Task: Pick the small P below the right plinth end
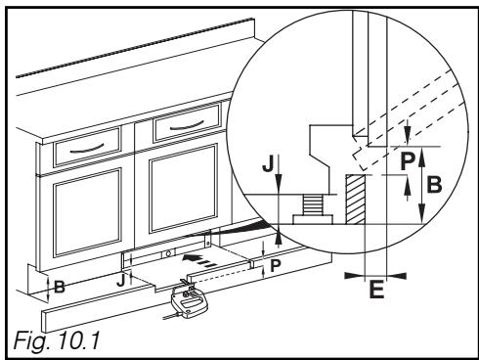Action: point(276,266)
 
